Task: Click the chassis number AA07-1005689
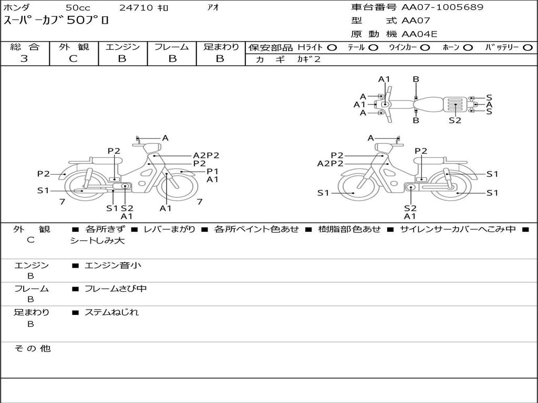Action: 442,7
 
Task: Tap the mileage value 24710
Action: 136,7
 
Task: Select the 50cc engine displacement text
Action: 78,7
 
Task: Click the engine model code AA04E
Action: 419,34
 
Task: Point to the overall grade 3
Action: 24,58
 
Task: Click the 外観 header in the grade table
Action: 74,47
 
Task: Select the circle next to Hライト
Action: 332,48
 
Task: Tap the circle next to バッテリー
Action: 527,48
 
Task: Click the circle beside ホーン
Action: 468,48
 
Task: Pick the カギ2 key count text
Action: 308,59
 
